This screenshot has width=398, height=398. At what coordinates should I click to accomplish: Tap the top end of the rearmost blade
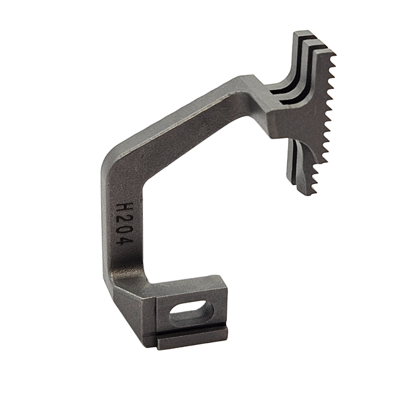(302, 34)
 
